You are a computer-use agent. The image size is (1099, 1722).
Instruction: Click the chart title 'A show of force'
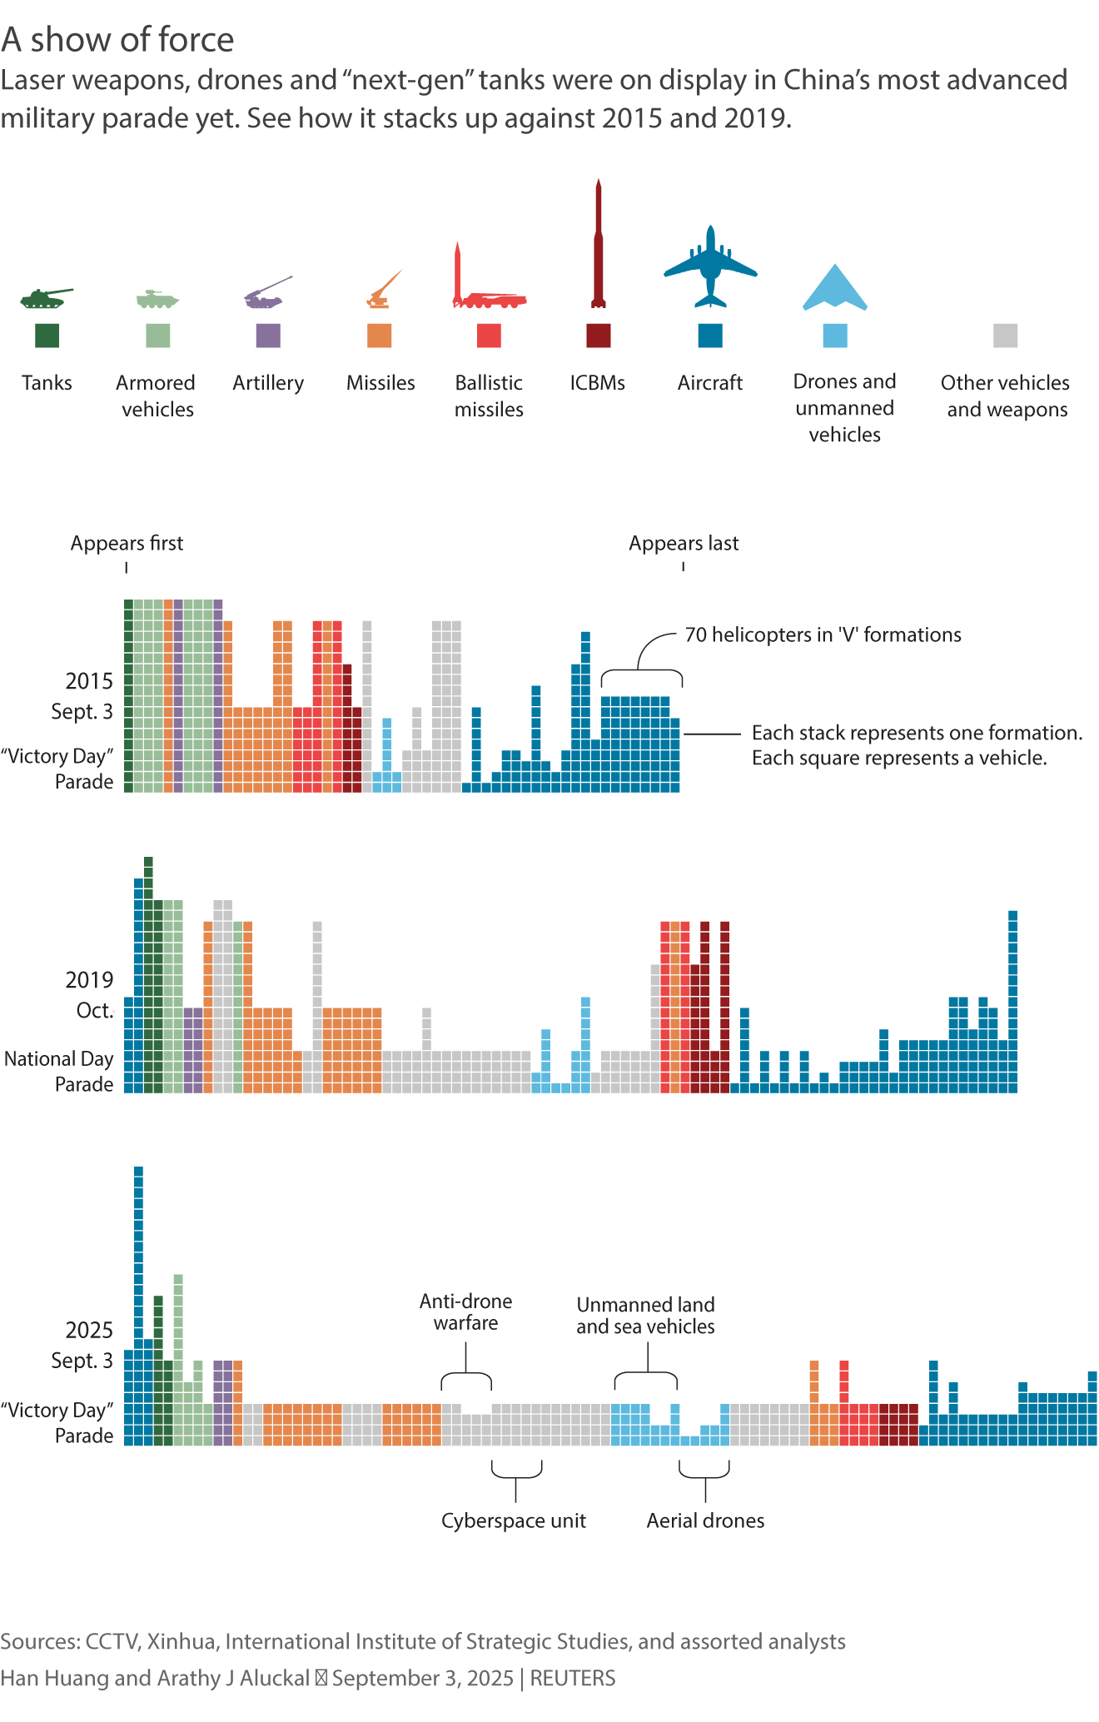pos(117,39)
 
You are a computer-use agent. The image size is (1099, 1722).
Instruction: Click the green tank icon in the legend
pos(46,297)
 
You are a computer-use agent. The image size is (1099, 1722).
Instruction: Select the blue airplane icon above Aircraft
pos(710,266)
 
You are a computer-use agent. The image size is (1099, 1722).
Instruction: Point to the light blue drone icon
pos(834,289)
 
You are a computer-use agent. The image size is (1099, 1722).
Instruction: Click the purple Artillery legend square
pos(268,336)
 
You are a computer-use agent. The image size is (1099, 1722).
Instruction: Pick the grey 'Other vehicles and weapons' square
pos(1005,336)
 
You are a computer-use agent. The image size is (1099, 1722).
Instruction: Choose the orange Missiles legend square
pos(380,336)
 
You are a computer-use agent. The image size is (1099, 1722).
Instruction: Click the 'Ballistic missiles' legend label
pos(489,396)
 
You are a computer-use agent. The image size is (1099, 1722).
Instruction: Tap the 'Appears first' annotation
pos(127,543)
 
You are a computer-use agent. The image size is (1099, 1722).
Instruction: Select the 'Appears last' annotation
pos(684,543)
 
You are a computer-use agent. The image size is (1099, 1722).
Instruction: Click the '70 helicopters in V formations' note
pos(823,635)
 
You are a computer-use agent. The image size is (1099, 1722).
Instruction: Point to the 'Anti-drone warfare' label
pos(465,1311)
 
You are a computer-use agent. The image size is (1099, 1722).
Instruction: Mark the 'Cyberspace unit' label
pos(514,1520)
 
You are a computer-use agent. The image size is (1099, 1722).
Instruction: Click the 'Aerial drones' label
pos(705,1520)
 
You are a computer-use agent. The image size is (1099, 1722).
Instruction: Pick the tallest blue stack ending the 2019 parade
pos(1012,999)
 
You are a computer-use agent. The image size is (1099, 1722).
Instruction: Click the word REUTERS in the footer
pos(573,1678)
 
